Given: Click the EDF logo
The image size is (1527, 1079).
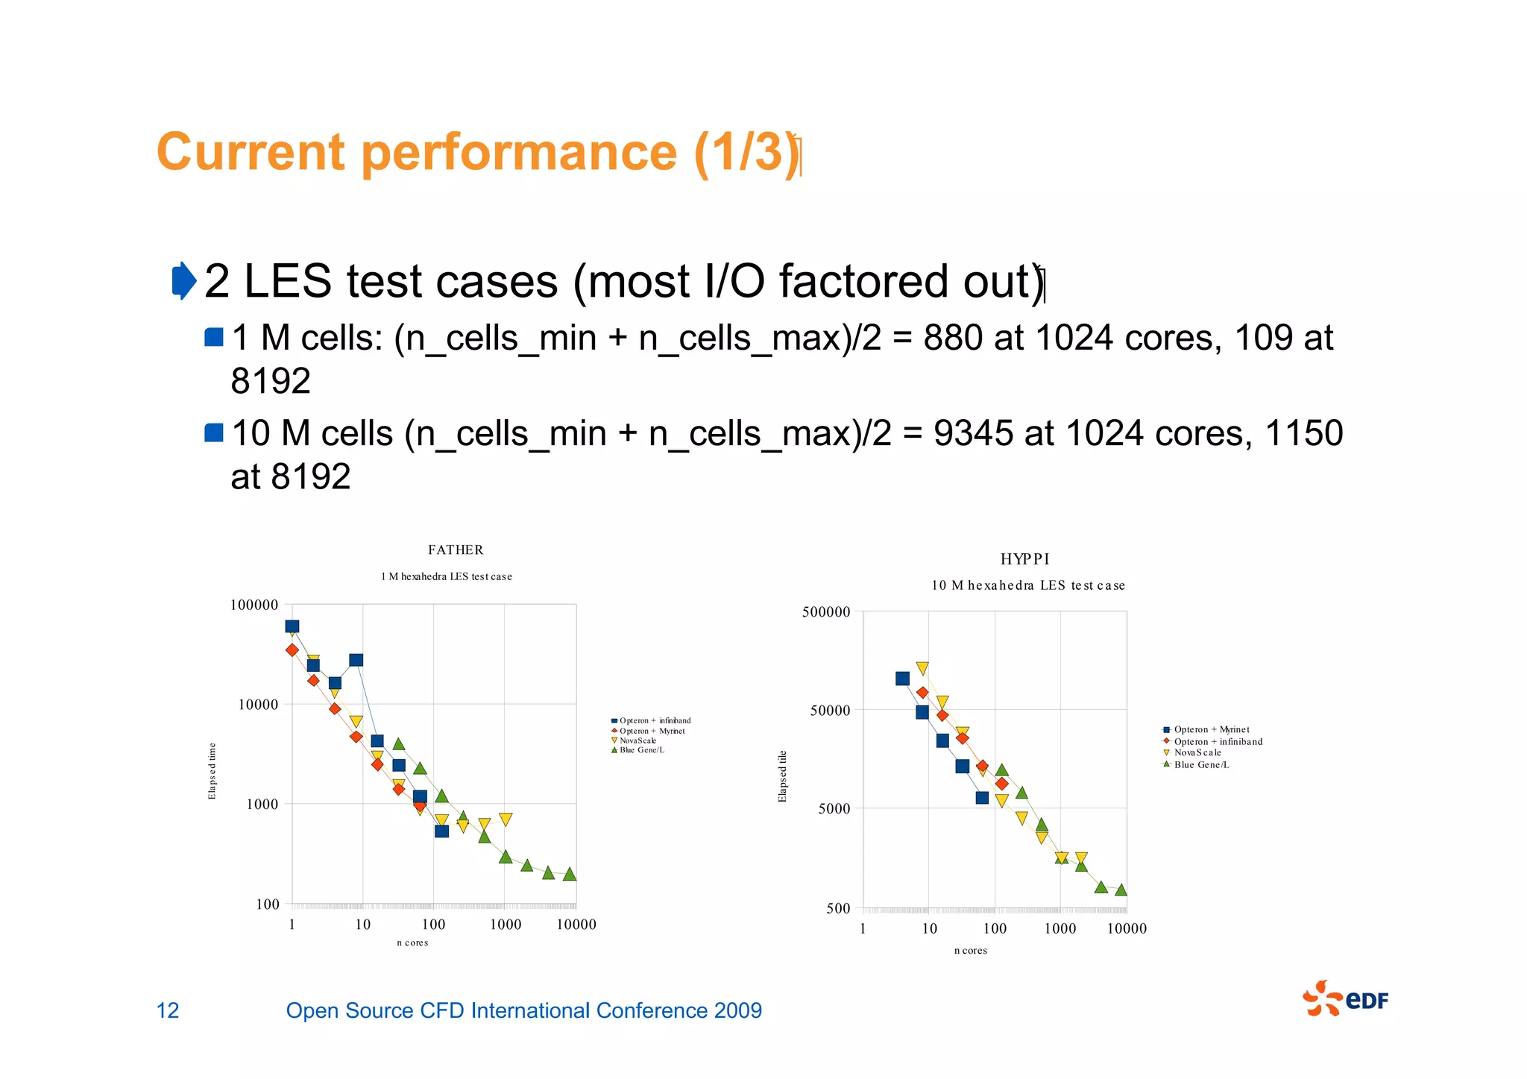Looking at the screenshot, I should click(x=1345, y=999).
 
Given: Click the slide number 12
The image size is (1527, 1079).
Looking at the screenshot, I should click(x=168, y=1010).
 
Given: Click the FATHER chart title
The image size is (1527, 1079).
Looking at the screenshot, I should click(x=456, y=550).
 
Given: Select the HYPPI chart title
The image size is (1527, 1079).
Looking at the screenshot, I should click(x=1024, y=559).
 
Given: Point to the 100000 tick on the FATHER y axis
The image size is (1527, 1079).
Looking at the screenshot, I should click(x=254, y=605).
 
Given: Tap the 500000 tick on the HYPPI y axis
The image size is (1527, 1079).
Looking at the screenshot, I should click(x=825, y=612).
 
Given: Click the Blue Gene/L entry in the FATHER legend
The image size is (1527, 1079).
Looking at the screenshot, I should click(x=641, y=750).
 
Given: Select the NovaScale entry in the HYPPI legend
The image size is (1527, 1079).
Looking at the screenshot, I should click(x=1197, y=753).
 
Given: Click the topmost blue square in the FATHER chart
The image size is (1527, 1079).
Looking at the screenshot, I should click(x=292, y=626).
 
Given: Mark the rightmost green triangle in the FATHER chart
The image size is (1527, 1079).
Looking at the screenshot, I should click(x=570, y=874).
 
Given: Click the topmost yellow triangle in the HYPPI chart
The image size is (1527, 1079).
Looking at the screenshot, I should click(x=922, y=669).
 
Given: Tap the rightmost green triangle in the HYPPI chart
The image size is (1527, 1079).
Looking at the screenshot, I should click(x=1121, y=890).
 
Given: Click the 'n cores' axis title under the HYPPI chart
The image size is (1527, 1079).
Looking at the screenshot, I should click(x=970, y=951).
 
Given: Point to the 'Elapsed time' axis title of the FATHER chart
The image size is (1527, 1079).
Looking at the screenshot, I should click(x=212, y=771).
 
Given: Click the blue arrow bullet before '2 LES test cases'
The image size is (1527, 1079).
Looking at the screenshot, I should click(x=183, y=281).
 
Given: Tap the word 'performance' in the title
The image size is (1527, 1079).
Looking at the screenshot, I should click(x=520, y=152).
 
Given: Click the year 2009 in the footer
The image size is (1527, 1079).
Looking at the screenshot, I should click(x=737, y=1010).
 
